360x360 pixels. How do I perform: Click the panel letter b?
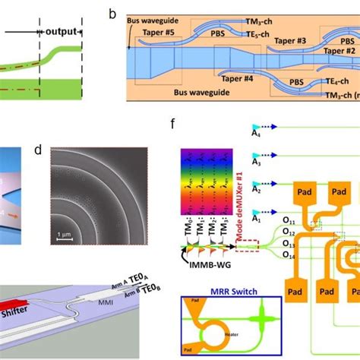tap(112, 14)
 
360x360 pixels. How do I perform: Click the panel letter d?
tap(37, 150)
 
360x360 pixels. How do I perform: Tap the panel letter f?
tap(175, 121)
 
